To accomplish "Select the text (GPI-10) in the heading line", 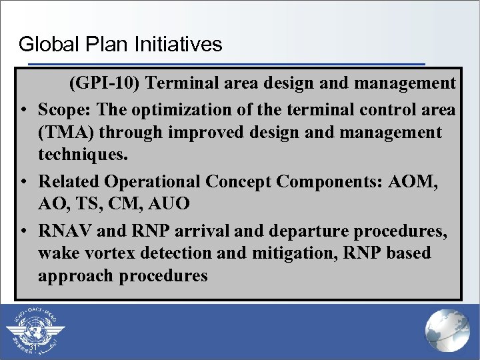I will (104, 83).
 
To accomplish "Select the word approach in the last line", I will (75, 276).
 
